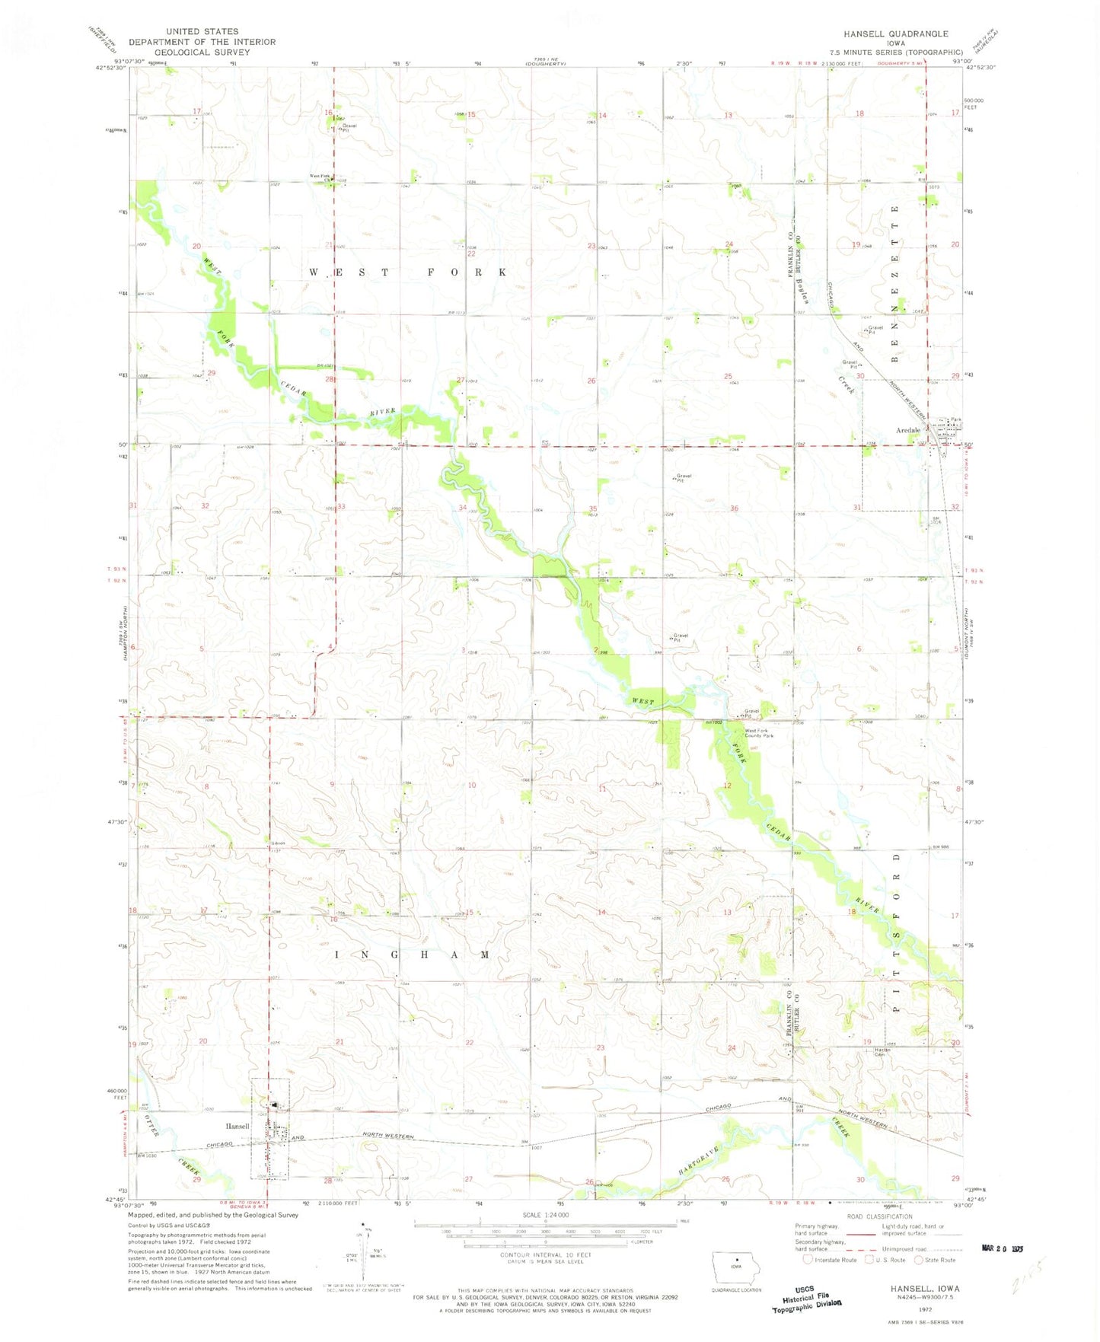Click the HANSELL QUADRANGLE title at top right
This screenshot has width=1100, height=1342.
coord(895,33)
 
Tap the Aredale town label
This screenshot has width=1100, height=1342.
coord(907,431)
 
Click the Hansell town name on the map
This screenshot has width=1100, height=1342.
coord(237,1126)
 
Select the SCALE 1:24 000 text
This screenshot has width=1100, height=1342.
coord(545,1215)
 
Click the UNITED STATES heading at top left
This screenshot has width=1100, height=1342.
coord(202,32)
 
